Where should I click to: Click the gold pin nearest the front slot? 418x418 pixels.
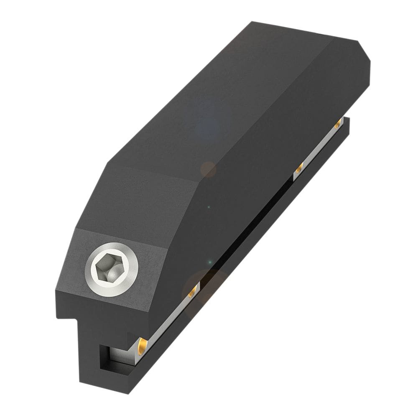tap(142, 345)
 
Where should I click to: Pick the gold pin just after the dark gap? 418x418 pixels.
tap(299, 169)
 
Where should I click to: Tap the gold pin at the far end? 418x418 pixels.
tap(337, 124)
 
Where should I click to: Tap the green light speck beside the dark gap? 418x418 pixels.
tap(210, 262)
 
